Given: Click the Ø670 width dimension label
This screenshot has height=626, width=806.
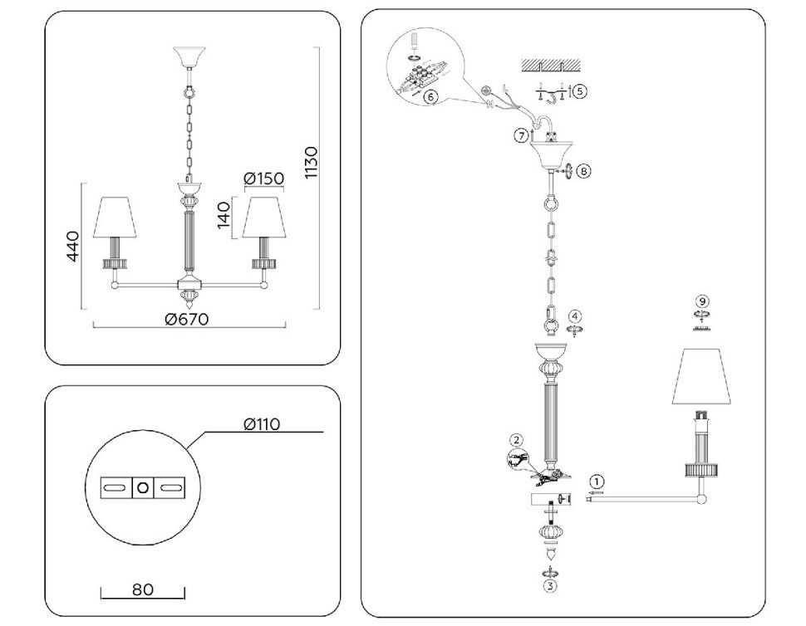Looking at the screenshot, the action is [x=187, y=319].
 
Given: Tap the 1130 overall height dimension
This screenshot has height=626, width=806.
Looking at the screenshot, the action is [x=311, y=162].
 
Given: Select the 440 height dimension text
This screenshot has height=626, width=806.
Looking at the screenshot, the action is [x=72, y=246].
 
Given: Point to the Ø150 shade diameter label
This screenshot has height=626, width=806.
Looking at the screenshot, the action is [x=263, y=179].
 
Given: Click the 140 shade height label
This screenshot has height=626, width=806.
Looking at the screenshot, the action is [x=224, y=215].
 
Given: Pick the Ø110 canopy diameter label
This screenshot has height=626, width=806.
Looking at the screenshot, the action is [x=262, y=424].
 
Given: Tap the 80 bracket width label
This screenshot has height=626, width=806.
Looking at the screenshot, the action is [x=142, y=589].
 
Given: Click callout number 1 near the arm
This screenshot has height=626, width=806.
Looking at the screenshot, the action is [x=597, y=482].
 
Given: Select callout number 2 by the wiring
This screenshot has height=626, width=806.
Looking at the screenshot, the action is [x=517, y=439].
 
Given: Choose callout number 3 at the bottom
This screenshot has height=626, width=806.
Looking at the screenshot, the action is [x=550, y=586].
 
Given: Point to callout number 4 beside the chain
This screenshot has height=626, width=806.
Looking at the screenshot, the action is [x=575, y=315].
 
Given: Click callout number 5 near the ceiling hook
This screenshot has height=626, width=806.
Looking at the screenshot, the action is [x=579, y=91].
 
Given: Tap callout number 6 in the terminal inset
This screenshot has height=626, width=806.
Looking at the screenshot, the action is [x=430, y=96].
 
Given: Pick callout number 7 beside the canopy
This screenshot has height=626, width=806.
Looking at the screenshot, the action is [x=522, y=135].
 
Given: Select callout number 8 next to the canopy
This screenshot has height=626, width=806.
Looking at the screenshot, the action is [x=583, y=170].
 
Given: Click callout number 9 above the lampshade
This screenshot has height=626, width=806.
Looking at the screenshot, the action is [x=701, y=301].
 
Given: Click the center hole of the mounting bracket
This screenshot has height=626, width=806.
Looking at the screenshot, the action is [x=143, y=487].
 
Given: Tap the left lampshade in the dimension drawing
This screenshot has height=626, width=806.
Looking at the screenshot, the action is [x=115, y=218].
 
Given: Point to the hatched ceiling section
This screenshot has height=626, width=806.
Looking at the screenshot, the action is [x=551, y=66].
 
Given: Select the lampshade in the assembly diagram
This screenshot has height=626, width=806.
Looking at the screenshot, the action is [x=701, y=376].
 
